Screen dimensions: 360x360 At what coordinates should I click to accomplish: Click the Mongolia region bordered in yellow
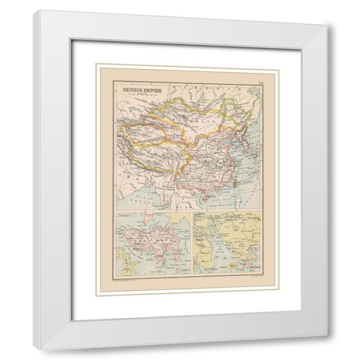tap(187, 116)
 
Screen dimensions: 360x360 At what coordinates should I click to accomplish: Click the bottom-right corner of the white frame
tap(324, 332)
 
